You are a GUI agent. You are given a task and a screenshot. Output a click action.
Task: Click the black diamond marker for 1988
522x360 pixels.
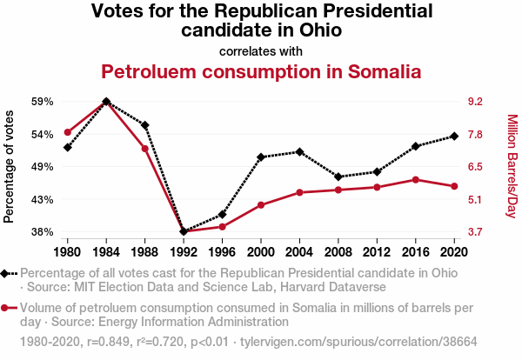click(144, 125)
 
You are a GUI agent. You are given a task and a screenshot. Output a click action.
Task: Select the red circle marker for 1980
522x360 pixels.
click(68, 132)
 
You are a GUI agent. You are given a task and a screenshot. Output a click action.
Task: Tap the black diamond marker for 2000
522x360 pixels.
click(261, 157)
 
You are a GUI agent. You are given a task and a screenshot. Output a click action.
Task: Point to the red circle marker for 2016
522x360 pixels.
click(416, 179)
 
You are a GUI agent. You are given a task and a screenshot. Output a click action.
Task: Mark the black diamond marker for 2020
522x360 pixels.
click(454, 136)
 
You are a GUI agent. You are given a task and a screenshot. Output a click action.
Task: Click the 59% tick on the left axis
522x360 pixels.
click(43, 102)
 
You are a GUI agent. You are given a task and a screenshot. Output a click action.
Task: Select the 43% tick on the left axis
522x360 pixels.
click(43, 200)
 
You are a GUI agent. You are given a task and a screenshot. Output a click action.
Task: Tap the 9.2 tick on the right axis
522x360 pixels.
click(476, 102)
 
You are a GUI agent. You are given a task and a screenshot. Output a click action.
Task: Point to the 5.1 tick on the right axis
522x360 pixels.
click(476, 200)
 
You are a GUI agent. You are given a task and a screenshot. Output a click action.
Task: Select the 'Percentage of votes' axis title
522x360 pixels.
click(10, 167)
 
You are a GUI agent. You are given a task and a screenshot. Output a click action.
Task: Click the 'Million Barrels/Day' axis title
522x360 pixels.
click(512, 167)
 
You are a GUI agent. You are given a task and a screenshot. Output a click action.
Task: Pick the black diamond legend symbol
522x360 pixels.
click(8, 273)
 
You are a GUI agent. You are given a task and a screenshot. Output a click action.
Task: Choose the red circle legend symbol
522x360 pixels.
click(8, 308)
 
